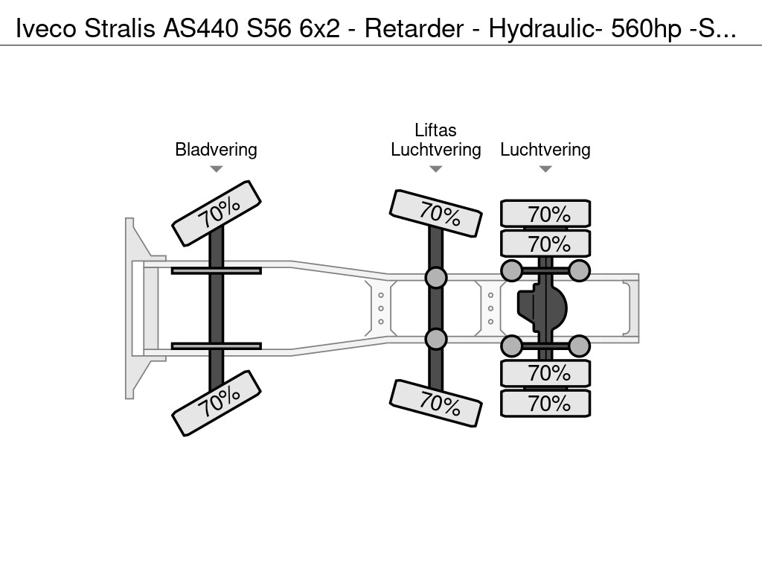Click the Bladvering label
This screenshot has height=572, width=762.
(216, 149)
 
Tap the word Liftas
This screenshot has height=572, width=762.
(435, 130)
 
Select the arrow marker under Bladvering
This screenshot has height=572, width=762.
(217, 169)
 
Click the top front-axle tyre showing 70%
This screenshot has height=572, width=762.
(217, 213)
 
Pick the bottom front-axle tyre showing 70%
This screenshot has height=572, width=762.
(217, 403)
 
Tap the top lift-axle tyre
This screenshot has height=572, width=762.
(436, 214)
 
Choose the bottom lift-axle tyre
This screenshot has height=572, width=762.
(436, 403)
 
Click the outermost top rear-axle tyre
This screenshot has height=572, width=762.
(545, 213)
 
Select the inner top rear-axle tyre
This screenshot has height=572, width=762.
(545, 244)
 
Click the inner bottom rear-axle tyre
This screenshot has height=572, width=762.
(545, 373)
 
